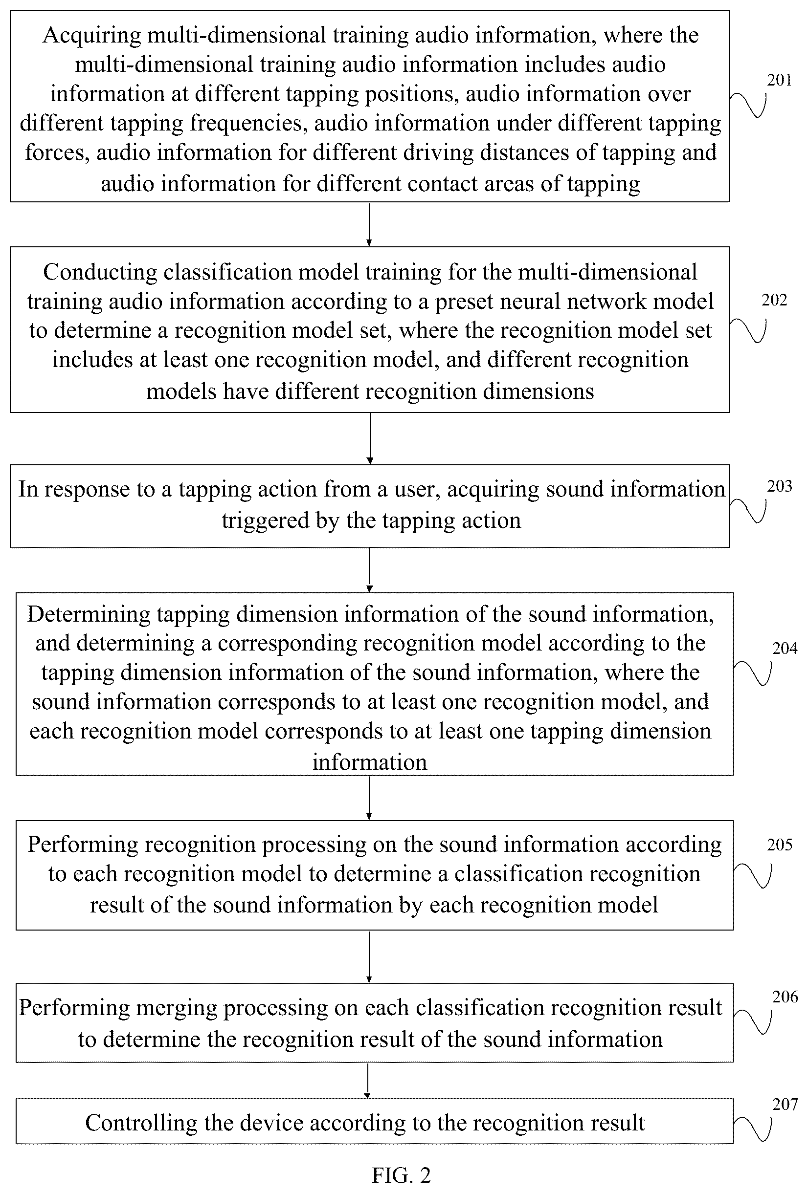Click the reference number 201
779,80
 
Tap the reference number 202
774,300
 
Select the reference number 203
779,486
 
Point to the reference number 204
785,649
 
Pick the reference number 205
780,845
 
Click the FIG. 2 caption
401,1174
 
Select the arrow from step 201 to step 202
369,224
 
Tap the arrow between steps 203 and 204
369,570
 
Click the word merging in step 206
180,1009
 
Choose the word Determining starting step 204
89,615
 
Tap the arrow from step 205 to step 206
369,957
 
